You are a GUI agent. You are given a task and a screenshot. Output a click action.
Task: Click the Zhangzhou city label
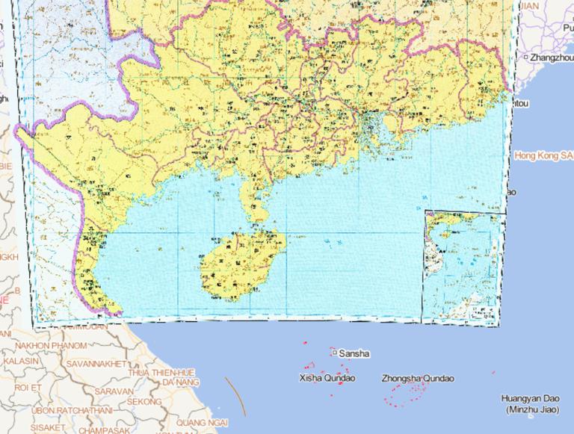[552, 57]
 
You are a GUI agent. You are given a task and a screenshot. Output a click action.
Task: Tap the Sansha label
[354, 353]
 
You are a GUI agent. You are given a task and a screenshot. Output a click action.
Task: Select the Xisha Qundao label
[327, 378]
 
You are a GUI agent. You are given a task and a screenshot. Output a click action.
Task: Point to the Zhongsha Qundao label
[417, 378]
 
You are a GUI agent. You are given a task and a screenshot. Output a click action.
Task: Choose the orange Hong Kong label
[544, 155]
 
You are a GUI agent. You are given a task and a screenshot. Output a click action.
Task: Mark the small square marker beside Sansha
[335, 352]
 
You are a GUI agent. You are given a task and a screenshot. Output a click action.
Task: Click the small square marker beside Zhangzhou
[525, 57]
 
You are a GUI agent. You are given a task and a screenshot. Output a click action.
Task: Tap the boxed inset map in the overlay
[462, 267]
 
